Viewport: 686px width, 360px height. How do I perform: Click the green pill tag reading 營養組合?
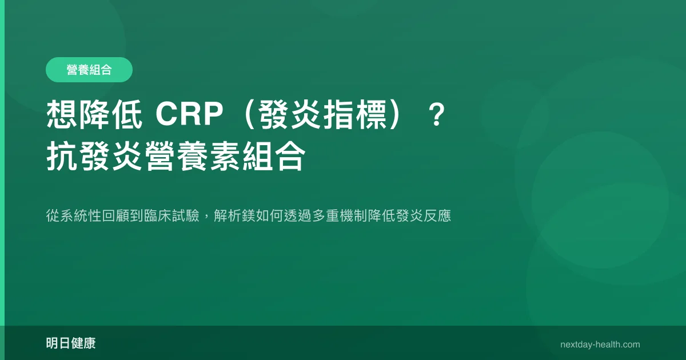coord(89,70)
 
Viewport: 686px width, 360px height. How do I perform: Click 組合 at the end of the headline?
coord(274,156)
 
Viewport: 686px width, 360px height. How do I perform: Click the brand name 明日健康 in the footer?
coord(71,343)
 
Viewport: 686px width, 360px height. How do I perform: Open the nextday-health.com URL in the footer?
coord(600,345)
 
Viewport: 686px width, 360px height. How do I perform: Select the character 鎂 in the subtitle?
coord(248,215)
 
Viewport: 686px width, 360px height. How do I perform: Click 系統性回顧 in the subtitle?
coord(95,215)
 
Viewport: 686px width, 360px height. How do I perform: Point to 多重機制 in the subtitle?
coord(340,215)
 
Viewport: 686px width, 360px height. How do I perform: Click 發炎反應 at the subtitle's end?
coord(424,215)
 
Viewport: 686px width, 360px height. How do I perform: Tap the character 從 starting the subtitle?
coord(53,215)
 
